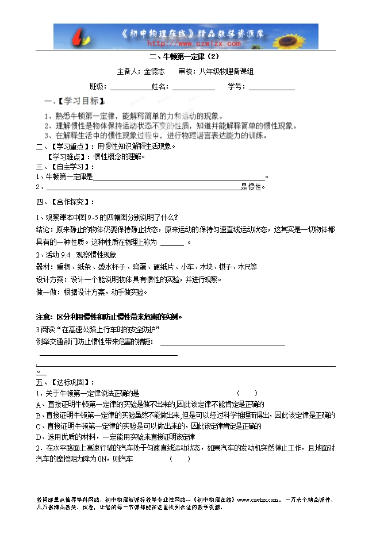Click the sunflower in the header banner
tap(300, 36)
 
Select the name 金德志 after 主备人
tap(154, 72)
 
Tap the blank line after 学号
tap(271, 87)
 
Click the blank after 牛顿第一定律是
tap(178, 177)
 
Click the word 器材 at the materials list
tap(43, 267)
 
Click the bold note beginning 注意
tap(109, 317)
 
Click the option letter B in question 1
tap(39, 415)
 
